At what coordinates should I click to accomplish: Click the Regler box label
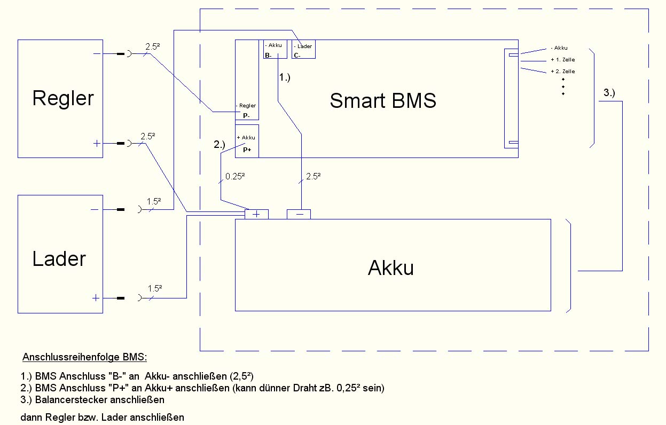coord(63,98)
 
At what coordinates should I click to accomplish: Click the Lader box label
coord(59,259)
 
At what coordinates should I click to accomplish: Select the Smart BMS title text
coord(383,100)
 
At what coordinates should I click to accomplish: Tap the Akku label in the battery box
coord(391,268)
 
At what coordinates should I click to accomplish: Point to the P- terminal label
coord(246,115)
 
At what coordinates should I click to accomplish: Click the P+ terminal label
coord(247,150)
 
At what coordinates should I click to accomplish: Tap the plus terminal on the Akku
coord(256,214)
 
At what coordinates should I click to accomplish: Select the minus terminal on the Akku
coord(299,214)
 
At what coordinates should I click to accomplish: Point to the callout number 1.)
coord(284,77)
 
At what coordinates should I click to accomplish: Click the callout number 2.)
coord(220,144)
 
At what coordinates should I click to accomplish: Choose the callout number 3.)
coord(609,93)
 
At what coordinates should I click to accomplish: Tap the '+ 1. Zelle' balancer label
coord(562,60)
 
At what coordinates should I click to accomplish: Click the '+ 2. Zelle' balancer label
coord(562,72)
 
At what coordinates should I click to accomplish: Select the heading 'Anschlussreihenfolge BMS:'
coord(84,357)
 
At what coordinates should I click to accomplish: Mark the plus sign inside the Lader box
coord(96,298)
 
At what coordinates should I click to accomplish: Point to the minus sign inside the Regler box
coord(96,54)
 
